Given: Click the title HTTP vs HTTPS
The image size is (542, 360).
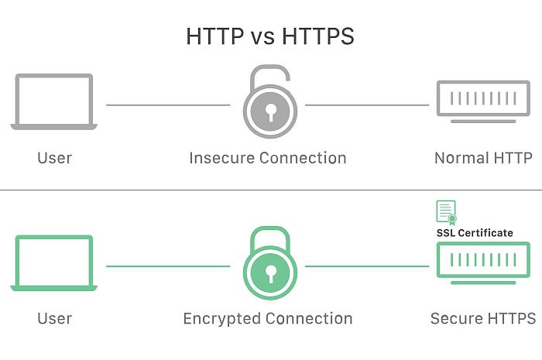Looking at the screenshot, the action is pos(270,36).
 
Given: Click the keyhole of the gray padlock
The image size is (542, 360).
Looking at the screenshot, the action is pos(270,112).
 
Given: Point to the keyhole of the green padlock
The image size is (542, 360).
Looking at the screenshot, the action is pos(270,273).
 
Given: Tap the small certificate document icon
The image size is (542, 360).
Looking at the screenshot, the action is pos(446,213).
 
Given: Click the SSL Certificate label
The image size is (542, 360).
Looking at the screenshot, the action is pos(475,233).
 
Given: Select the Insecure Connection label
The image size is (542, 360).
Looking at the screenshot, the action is pos(268,158).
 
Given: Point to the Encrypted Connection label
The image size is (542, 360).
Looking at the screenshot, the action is pos(268,318).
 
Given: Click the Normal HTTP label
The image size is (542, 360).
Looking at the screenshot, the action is pos(483,158).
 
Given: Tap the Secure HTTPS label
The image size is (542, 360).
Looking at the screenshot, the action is pos(483,318).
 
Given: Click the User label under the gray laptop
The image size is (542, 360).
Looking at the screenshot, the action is pos(55,158).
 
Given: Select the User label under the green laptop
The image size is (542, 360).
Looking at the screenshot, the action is pos(55,318).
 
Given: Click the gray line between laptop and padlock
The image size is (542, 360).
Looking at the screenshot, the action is pos(168,105).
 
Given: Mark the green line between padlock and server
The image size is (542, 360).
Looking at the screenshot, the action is pos(367,266).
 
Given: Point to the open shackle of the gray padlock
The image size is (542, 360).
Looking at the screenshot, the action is pos(269,67).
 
